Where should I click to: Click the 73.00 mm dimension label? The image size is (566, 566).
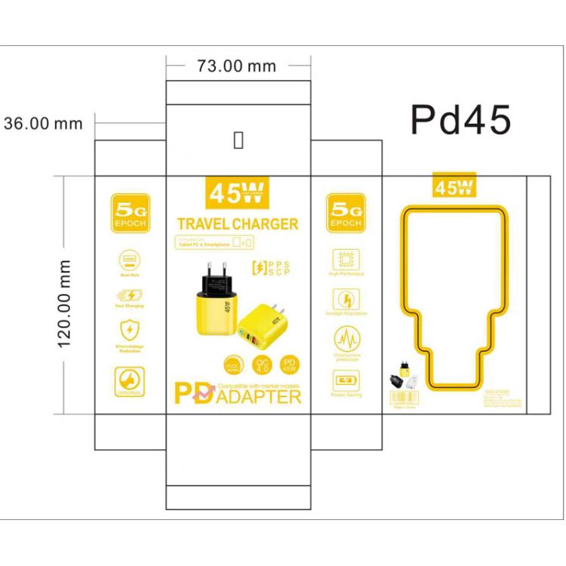coord(236,66)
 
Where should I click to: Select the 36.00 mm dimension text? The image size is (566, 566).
coord(43,123)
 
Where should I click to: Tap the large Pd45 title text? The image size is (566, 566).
coord(460,120)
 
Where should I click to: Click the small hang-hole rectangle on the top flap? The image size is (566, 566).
coord(238,141)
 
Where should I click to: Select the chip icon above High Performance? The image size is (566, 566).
coord(346,260)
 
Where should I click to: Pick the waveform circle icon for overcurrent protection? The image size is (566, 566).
coord(346,337)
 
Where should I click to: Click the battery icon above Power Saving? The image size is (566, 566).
coord(346,379)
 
